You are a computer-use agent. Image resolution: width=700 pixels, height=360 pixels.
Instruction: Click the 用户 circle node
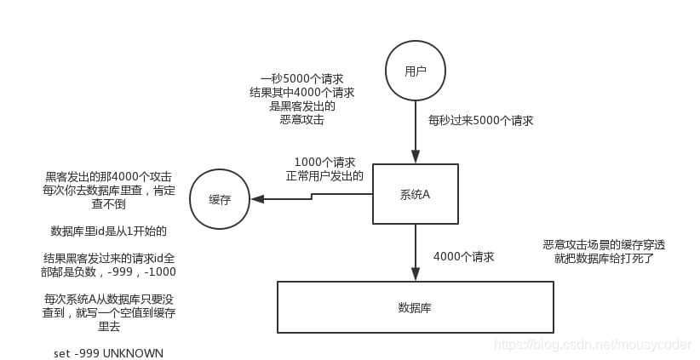(415, 71)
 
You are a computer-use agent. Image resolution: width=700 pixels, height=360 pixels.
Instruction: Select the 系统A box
(415, 194)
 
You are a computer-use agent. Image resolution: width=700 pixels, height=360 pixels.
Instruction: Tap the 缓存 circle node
(220, 198)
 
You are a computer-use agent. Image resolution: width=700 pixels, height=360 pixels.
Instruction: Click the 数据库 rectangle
(415, 307)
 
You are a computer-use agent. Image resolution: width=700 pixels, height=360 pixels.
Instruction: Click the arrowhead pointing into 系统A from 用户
(416, 157)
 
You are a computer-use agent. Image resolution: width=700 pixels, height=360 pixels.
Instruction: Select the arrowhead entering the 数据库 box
(416, 275)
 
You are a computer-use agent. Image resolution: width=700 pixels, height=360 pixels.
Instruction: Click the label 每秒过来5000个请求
(480, 121)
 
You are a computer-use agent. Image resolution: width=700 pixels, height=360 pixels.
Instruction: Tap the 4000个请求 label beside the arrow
(463, 256)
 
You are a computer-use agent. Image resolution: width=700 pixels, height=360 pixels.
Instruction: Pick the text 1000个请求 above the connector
(324, 162)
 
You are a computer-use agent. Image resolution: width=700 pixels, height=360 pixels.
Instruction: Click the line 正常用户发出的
(324, 176)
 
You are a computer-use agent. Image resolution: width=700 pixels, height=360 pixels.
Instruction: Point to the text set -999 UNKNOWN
(102, 352)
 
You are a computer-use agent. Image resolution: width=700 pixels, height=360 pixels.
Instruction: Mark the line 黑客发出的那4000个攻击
(102, 177)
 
